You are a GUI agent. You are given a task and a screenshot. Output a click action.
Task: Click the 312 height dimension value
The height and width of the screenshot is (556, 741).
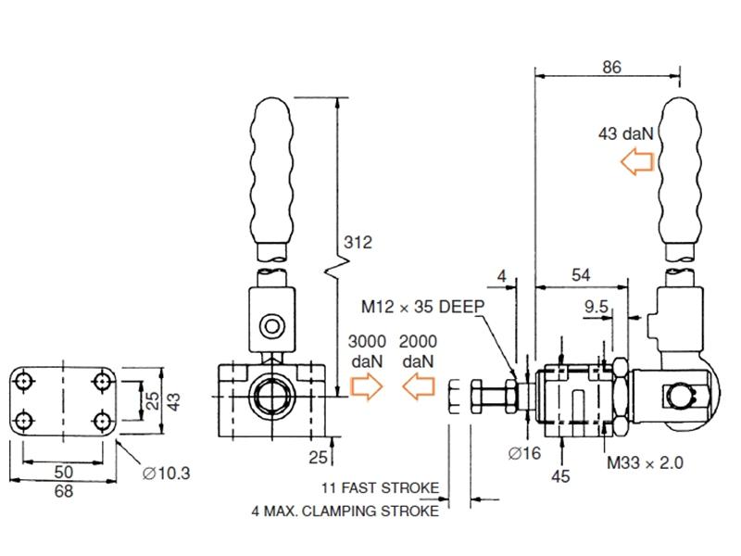point(358,243)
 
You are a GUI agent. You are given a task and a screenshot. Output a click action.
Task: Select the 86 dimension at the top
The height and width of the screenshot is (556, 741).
point(610,67)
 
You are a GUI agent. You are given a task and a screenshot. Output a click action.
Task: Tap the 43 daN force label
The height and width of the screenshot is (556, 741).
point(626,133)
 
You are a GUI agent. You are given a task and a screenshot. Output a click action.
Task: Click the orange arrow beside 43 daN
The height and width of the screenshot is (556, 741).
point(636,163)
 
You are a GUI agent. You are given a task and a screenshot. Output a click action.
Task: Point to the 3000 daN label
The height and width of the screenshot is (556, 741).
point(368,351)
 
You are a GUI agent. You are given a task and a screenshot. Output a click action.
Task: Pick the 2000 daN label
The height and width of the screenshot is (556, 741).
point(419,351)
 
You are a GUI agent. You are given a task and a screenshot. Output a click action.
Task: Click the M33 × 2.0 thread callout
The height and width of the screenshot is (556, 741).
point(645,462)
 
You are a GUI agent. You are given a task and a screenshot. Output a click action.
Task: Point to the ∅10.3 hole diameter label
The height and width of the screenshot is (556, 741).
point(167,474)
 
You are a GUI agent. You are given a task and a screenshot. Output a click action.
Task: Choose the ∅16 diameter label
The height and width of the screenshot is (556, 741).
point(525,453)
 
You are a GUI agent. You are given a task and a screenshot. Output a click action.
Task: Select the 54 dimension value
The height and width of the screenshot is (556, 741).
point(580,275)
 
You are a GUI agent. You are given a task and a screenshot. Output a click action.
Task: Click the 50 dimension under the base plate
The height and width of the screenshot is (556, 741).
point(63,472)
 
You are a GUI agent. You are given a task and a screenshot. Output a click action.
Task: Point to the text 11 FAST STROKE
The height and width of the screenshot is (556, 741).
point(380,487)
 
